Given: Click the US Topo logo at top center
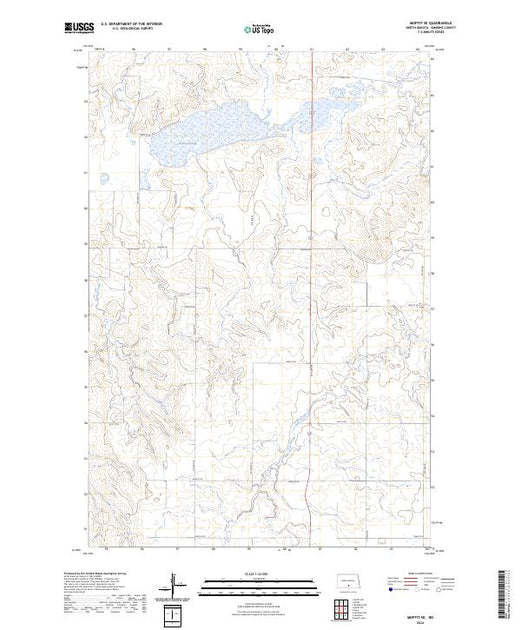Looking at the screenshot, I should point(258,30).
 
